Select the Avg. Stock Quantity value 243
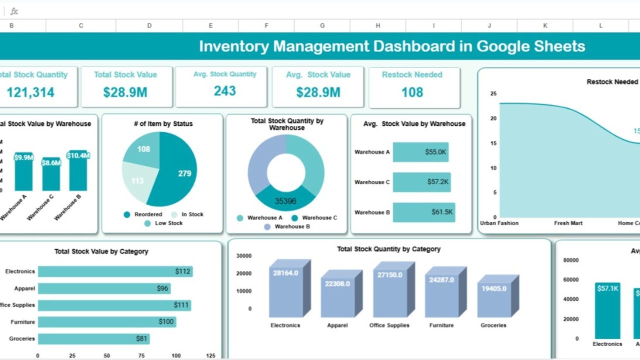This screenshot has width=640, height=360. [225, 91]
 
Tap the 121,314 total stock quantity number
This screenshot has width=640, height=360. [31, 92]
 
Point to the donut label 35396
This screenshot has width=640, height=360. [285, 201]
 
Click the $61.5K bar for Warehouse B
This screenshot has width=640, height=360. [424, 212]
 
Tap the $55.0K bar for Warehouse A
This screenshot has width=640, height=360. [420, 152]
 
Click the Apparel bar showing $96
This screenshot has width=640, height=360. [104, 288]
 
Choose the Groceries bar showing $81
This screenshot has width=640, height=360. [93, 338]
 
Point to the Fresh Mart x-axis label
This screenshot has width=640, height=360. [568, 223]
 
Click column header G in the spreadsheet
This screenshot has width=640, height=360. [322, 26]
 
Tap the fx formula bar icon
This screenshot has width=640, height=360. [14, 11]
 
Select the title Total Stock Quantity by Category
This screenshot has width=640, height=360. [388, 249]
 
